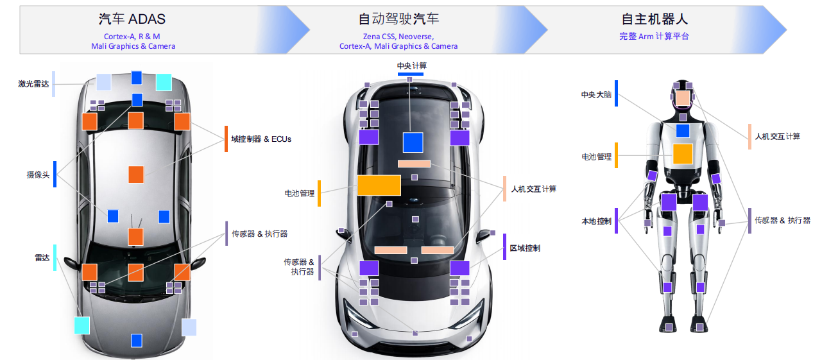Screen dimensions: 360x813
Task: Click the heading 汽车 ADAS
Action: pyautogui.click(x=132, y=19)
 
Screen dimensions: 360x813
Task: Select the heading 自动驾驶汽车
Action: pyautogui.click(x=398, y=19)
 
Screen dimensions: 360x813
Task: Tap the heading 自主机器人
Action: pyautogui.click(x=655, y=19)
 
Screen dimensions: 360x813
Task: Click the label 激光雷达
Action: pyautogui.click(x=33, y=84)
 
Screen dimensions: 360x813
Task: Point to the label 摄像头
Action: pyautogui.click(x=38, y=175)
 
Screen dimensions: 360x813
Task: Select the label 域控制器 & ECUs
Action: pyautogui.click(x=261, y=139)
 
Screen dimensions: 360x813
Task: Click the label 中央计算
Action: pyautogui.click(x=411, y=66)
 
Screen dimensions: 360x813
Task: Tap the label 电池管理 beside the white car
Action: pyautogui.click(x=299, y=193)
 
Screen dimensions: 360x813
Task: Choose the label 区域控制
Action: pyautogui.click(x=524, y=248)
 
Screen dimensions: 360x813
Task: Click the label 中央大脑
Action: pyautogui.click(x=596, y=95)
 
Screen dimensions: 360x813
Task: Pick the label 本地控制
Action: pyautogui.click(x=596, y=221)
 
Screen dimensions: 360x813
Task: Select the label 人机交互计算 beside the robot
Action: pyautogui.click(x=776, y=136)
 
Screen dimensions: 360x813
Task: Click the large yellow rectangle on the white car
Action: pyautogui.click(x=379, y=185)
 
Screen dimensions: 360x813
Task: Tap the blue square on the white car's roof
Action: pyautogui.click(x=413, y=142)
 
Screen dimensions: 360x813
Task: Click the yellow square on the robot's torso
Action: pyautogui.click(x=682, y=154)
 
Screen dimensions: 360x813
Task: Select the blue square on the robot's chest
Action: pyautogui.click(x=682, y=131)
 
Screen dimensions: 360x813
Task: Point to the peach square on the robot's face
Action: pyautogui.click(x=682, y=98)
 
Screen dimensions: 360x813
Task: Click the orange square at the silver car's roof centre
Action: pyautogui.click(x=136, y=174)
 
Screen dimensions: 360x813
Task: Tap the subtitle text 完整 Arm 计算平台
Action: pyautogui.click(x=654, y=37)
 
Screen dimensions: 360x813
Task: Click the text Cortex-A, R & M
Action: pyautogui.click(x=132, y=37)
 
